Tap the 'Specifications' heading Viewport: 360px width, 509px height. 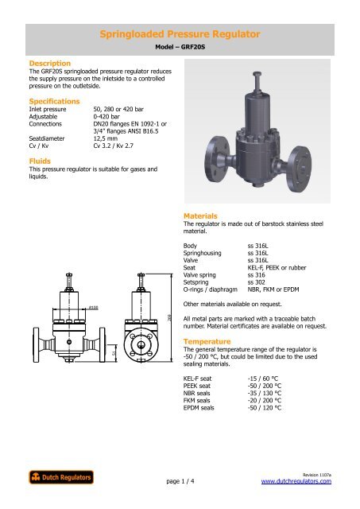[55, 102]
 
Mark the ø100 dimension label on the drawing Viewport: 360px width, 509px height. [94, 305]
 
